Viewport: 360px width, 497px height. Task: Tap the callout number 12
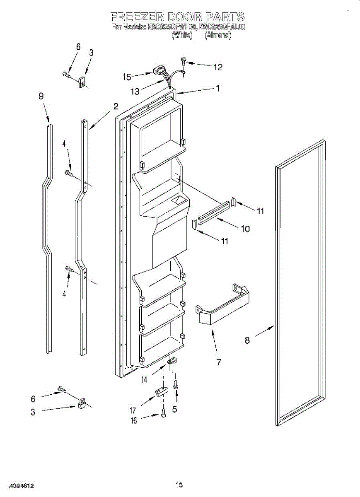217,67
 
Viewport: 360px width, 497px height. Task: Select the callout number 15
127,77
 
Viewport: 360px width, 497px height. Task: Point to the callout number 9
41,96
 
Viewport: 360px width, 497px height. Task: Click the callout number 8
247,340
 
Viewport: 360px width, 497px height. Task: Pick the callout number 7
218,362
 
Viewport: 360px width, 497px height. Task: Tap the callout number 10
245,228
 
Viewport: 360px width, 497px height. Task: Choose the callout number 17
133,410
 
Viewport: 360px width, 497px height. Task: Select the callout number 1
217,88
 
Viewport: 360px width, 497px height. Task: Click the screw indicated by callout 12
183,62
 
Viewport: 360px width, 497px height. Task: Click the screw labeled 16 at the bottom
163,413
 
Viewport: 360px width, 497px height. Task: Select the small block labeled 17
161,391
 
